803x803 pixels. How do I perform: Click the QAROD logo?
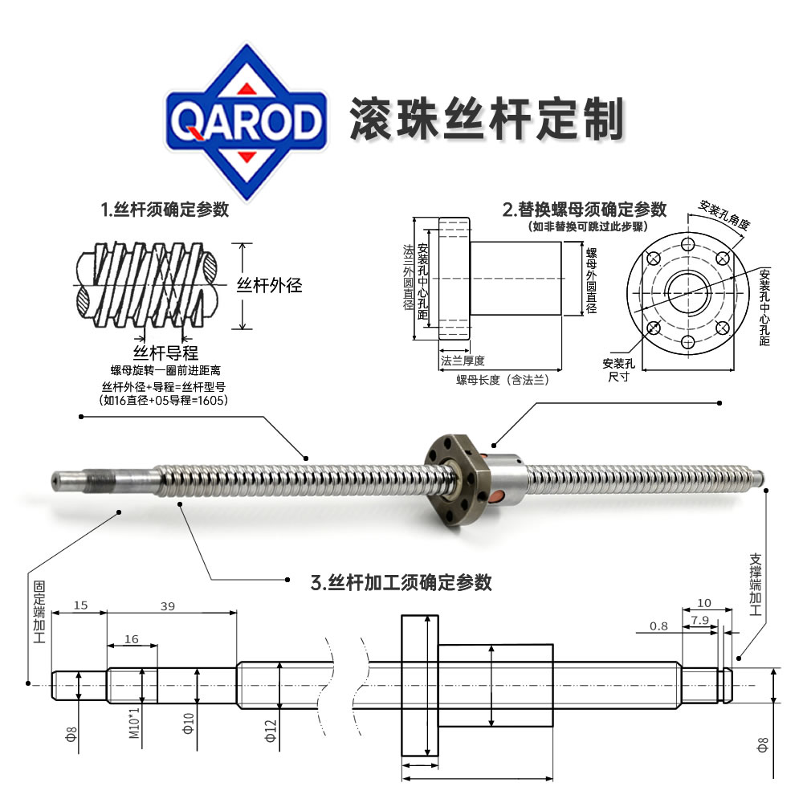tap(247, 122)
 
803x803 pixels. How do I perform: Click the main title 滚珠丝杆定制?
tap(487, 119)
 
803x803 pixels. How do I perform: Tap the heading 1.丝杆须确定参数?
tap(165, 210)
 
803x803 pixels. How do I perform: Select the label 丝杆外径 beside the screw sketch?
tap(269, 285)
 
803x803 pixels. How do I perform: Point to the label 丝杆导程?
tap(165, 353)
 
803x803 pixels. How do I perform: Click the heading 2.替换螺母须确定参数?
tap(585, 210)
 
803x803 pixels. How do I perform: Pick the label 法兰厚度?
tap(463, 361)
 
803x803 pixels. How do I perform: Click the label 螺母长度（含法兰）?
tap(503, 380)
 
